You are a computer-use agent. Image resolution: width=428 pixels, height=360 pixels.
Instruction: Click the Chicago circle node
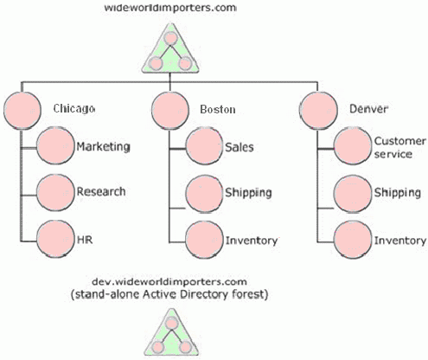pyautogui.click(x=22, y=110)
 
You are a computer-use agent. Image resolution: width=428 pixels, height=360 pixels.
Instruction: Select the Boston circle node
pyautogui.click(x=170, y=110)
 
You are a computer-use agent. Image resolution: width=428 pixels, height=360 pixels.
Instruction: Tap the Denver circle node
pyautogui.click(x=318, y=110)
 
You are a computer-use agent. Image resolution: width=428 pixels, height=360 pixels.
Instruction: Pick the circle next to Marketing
pyautogui.click(x=55, y=146)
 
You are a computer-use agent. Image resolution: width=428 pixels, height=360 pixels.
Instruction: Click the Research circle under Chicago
pyautogui.click(x=55, y=192)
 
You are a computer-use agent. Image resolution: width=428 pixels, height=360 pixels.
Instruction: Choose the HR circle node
pyautogui.click(x=55, y=240)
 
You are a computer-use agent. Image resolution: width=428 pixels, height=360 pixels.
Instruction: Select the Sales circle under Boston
pyautogui.click(x=204, y=146)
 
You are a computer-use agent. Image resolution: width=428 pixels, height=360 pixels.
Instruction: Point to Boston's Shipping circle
pyautogui.click(x=204, y=194)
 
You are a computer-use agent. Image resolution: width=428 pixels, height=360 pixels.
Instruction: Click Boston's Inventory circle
pyautogui.click(x=204, y=240)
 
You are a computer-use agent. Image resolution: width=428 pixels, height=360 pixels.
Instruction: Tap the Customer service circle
pyautogui.click(x=353, y=146)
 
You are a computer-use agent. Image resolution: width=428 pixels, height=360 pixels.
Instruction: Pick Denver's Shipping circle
pyautogui.click(x=353, y=194)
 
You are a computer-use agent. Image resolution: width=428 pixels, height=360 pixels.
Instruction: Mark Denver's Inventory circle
pyautogui.click(x=353, y=240)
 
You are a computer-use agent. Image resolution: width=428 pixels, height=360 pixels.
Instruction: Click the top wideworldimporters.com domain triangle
pyautogui.click(x=170, y=50)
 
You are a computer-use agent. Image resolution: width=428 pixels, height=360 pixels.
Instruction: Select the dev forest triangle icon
pyautogui.click(x=171, y=335)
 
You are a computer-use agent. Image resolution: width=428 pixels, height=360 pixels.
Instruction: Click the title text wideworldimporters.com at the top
pyautogui.click(x=170, y=8)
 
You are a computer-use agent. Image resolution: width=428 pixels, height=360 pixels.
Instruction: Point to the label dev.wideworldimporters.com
pyautogui.click(x=169, y=281)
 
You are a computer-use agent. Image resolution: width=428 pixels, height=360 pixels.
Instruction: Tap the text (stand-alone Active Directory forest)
pyautogui.click(x=169, y=295)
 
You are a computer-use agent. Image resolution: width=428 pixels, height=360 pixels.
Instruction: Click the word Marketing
pyautogui.click(x=103, y=147)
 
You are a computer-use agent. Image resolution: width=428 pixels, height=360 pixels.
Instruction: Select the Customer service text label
pyautogui.click(x=400, y=147)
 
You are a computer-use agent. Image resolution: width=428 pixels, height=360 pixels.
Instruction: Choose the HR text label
pyautogui.click(x=85, y=240)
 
